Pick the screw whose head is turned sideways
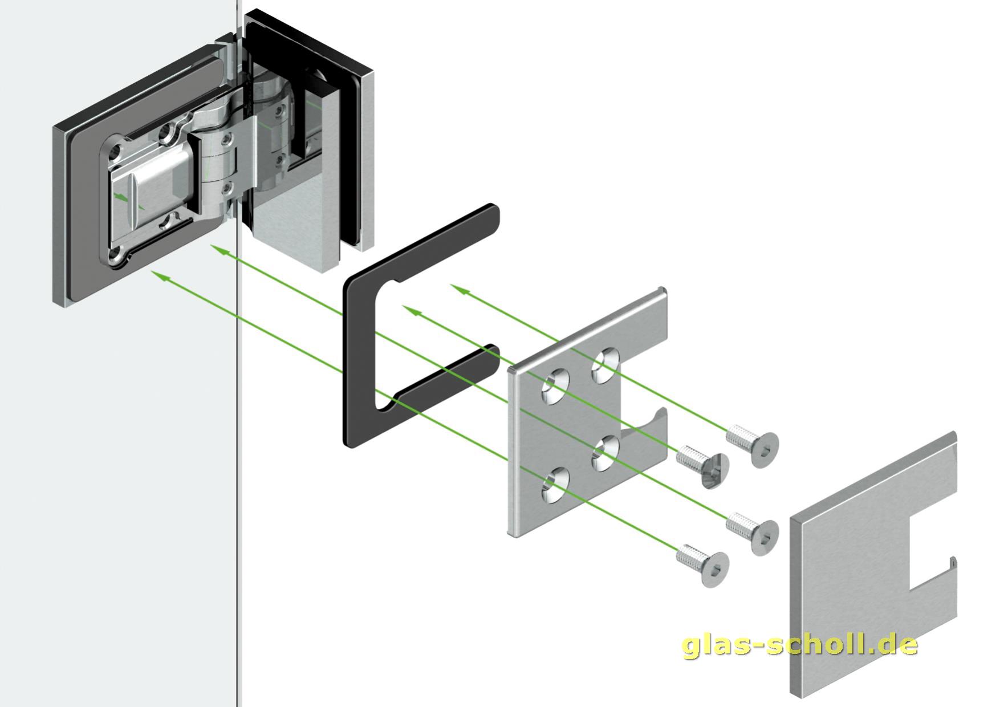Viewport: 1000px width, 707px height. tap(704, 465)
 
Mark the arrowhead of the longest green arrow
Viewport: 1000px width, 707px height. tap(160, 276)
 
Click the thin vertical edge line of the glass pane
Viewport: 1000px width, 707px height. tap(237, 456)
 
